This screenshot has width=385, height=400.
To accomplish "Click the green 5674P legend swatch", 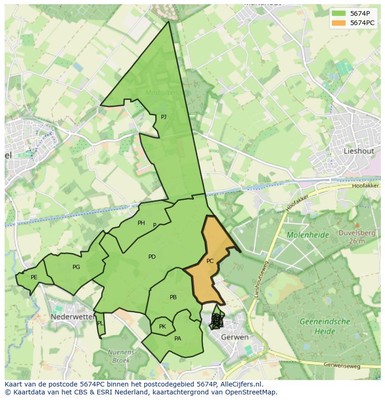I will (339, 13).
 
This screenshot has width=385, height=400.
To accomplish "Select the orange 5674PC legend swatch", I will (339, 23).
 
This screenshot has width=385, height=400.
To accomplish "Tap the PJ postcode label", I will (164, 117).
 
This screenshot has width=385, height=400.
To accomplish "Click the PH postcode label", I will (141, 223).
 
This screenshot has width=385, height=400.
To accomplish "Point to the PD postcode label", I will (152, 257).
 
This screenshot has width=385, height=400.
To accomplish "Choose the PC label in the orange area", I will (210, 261).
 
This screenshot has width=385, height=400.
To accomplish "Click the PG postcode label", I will (76, 267).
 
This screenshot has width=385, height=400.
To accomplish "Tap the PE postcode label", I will (34, 277).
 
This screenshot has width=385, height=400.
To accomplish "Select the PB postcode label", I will (173, 297).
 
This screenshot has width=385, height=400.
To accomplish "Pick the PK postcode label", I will (162, 327).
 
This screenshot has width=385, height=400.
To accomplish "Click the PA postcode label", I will (178, 339).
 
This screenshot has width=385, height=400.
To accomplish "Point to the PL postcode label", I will (100, 323).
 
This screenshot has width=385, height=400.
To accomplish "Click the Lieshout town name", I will (358, 151).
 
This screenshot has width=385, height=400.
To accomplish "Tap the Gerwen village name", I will (235, 337).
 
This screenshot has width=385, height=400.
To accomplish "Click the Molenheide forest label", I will (307, 235).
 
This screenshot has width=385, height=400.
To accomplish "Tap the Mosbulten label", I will (161, 92).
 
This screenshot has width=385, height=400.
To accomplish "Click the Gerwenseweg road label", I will (343, 366).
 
